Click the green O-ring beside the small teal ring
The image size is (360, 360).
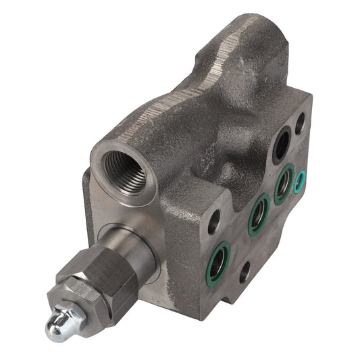[x=284, y=183]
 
